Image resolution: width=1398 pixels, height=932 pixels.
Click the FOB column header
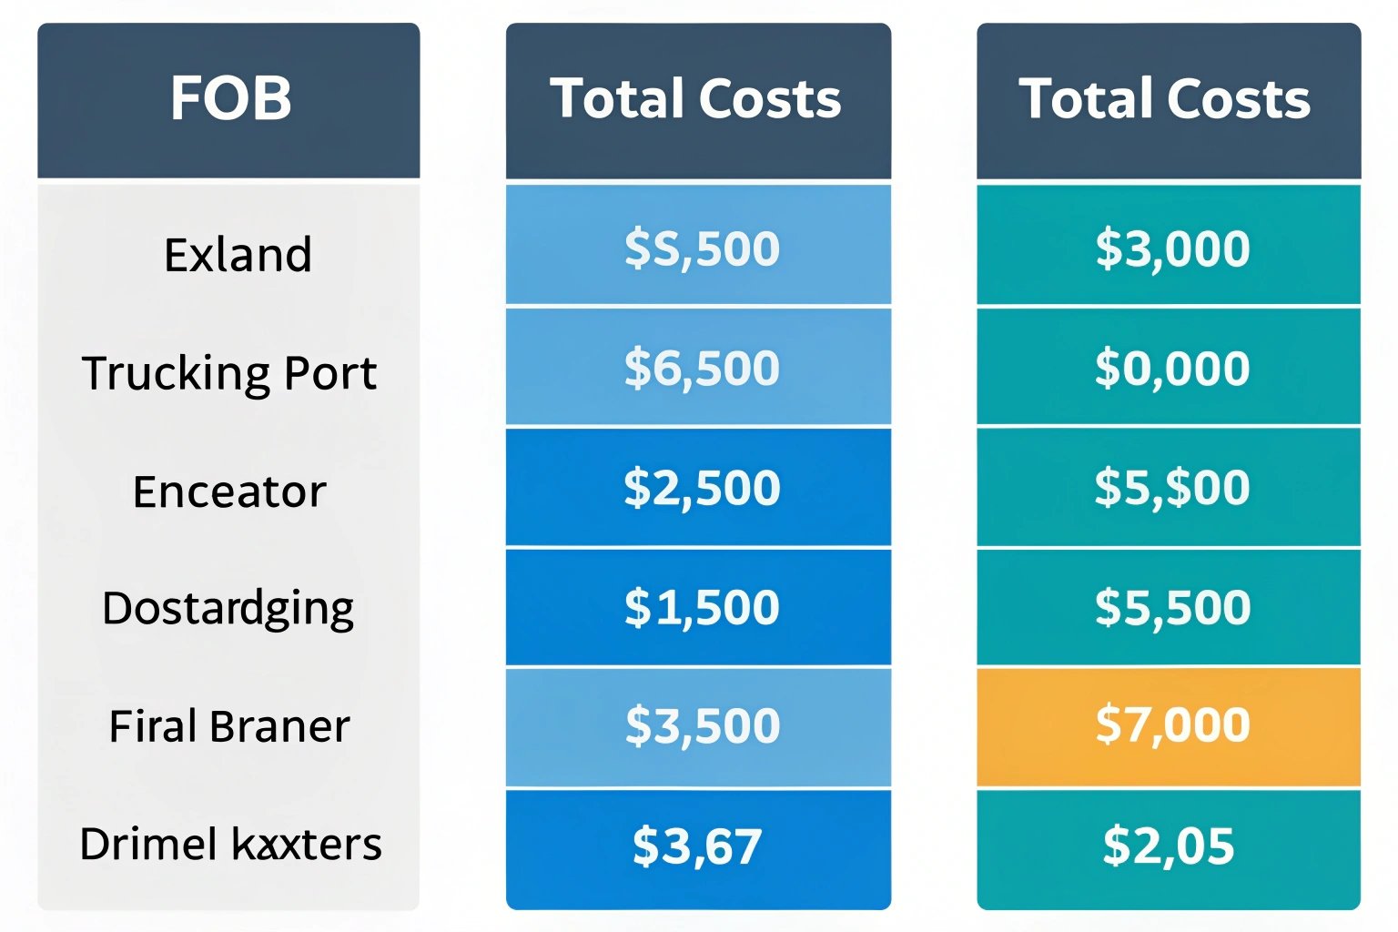(x=229, y=99)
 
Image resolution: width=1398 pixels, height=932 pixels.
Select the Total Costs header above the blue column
(x=697, y=99)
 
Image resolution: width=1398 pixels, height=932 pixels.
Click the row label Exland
(x=238, y=254)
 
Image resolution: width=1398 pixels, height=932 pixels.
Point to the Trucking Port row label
(x=229, y=373)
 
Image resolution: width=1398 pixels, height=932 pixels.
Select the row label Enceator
(x=229, y=491)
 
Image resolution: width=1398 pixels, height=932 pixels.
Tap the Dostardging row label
(x=228, y=608)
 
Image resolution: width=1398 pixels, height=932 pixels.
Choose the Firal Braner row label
(x=229, y=726)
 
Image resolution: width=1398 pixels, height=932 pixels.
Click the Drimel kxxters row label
(x=230, y=844)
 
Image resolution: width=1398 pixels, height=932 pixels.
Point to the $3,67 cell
(x=697, y=846)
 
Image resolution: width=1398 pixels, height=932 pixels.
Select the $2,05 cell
(x=1169, y=846)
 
